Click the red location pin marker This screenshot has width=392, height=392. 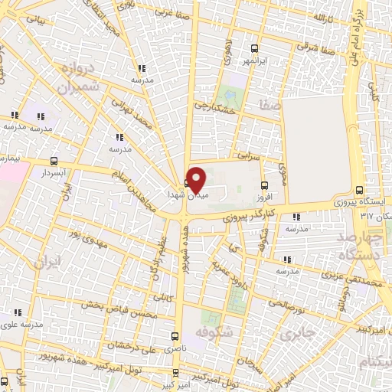[x=196, y=179]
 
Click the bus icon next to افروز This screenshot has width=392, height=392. [x=264, y=185]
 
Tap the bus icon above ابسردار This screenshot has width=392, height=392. [x=53, y=162]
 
